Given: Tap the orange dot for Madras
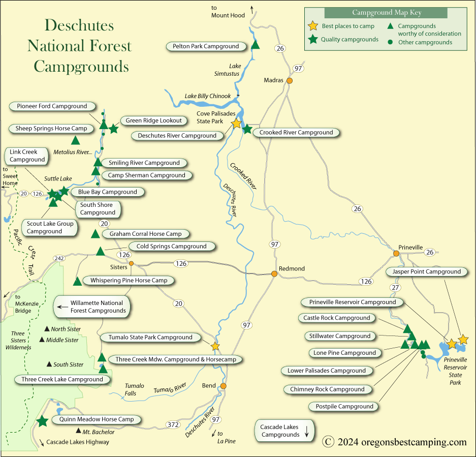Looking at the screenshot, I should [x=290, y=80].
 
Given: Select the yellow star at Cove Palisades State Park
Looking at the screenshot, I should [x=236, y=124].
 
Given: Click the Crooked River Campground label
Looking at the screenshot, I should [x=296, y=133].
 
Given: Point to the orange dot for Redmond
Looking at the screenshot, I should [x=274, y=274].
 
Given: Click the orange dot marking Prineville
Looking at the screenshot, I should [x=396, y=253].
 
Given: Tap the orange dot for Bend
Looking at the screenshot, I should [x=223, y=386].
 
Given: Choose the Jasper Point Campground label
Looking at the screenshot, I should [x=426, y=272].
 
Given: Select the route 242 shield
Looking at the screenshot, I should [x=59, y=259].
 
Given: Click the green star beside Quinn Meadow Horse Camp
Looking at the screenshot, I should [x=42, y=421].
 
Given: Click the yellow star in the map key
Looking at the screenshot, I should [x=313, y=26].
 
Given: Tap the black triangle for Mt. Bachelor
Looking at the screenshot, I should [x=78, y=431].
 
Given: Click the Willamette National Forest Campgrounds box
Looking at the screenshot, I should [x=92, y=307].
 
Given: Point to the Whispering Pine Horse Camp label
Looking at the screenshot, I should [x=129, y=280].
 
